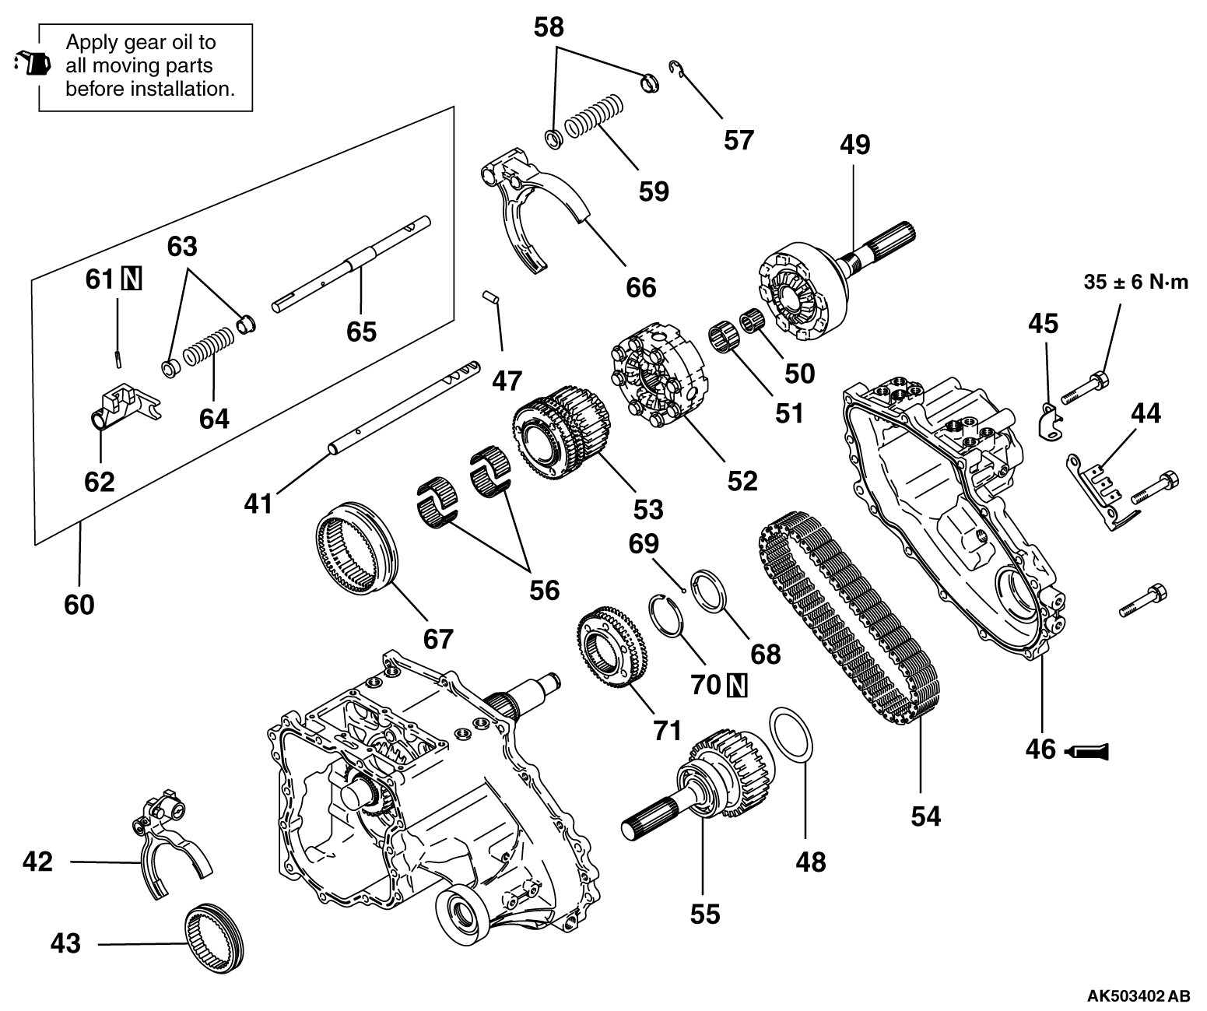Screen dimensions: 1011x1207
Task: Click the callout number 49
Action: tap(854, 145)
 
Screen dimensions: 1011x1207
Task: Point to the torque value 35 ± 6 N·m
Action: tap(1136, 282)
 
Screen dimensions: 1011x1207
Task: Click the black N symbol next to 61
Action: tap(132, 279)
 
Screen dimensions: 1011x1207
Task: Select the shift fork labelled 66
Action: tap(529, 210)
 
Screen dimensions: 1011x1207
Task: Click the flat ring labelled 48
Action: tap(791, 732)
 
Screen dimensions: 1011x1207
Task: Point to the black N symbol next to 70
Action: tap(737, 685)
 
